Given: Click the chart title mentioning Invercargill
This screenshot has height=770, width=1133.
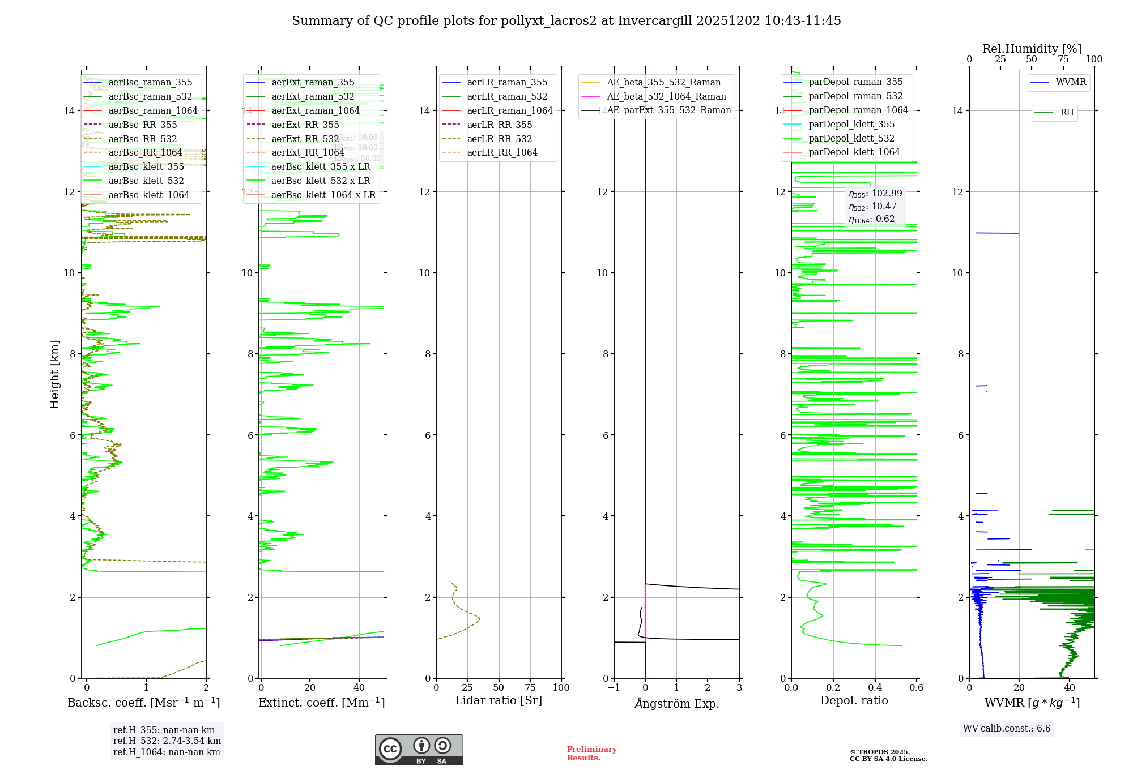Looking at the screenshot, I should point(566,21).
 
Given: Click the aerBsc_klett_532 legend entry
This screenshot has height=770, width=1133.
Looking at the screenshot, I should point(146,181).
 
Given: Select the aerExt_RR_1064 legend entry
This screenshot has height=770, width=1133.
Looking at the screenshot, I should point(308,152).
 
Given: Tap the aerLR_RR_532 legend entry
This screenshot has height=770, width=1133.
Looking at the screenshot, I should point(499,139).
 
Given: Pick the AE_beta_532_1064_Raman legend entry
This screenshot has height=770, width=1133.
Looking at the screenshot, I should point(666,96).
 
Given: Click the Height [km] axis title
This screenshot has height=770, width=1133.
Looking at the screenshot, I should point(54,374).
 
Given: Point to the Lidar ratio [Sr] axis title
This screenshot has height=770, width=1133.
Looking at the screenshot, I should point(499,700).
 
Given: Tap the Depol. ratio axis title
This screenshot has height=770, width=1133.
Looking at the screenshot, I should point(854,700).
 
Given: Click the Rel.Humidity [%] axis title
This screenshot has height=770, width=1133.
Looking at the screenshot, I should point(1032,49).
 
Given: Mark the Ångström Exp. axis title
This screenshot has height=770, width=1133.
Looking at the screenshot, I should point(676,703).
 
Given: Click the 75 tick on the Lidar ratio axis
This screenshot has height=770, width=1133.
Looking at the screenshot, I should point(530,687).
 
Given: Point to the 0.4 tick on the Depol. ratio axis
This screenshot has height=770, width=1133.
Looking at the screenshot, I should point(875,687).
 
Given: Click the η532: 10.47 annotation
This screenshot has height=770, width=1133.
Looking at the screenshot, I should point(872,207).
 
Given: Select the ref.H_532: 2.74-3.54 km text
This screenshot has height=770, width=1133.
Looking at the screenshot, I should point(167,741).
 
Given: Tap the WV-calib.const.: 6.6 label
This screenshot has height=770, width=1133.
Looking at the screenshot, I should point(1007,728).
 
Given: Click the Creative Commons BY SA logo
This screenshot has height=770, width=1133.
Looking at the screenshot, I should point(419,750).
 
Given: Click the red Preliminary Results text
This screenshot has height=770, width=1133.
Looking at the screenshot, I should point(591,754).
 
